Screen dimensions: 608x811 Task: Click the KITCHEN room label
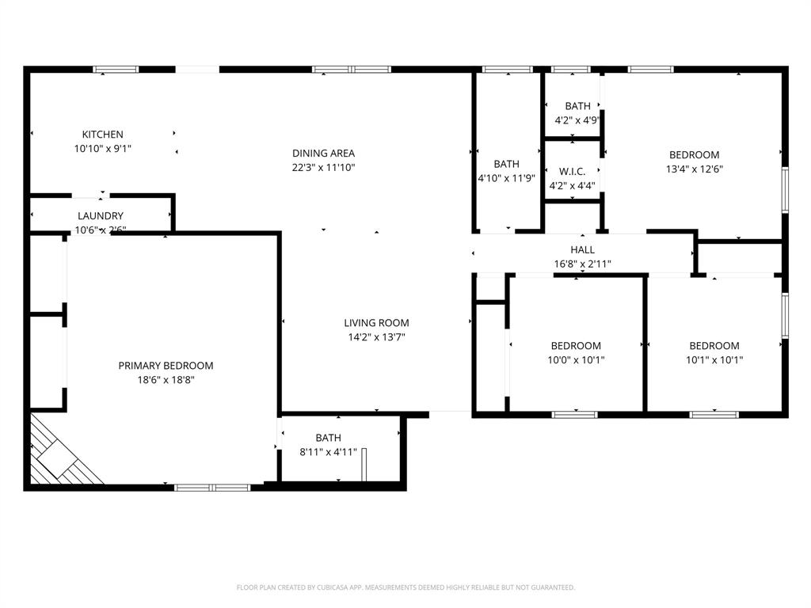pos(102,135)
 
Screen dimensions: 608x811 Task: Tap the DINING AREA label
pos(323,154)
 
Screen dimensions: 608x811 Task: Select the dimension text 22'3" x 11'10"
pos(323,168)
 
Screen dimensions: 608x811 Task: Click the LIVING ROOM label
pos(376,323)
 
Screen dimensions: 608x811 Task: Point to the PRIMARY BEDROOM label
pos(166,366)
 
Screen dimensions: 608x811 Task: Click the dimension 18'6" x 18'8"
pos(166,380)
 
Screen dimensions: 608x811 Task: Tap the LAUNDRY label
pos(101,216)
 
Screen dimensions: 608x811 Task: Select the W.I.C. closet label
pos(572,172)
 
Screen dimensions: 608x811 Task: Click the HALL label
pos(582,250)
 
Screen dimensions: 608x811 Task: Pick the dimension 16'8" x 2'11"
pos(582,264)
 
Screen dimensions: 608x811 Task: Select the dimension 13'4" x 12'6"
pos(695,169)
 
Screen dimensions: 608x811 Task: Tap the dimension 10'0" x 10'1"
pos(576,360)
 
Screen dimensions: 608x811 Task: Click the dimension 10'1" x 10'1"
pos(714,360)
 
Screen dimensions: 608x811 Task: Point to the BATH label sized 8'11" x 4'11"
pos(328,438)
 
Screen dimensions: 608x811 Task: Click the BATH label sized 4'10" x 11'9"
pos(507,165)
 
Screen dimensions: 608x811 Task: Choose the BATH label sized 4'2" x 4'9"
pos(577,106)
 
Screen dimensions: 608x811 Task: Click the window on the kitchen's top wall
pos(116,70)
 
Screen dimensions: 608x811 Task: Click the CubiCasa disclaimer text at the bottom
pos(405,587)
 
